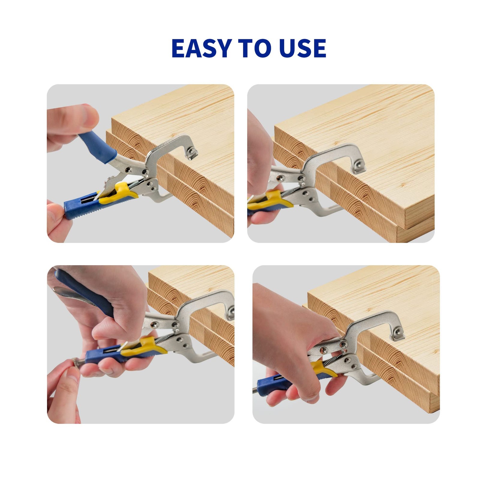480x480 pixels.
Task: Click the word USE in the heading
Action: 302,48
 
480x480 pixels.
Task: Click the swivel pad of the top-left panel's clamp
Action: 191,152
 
